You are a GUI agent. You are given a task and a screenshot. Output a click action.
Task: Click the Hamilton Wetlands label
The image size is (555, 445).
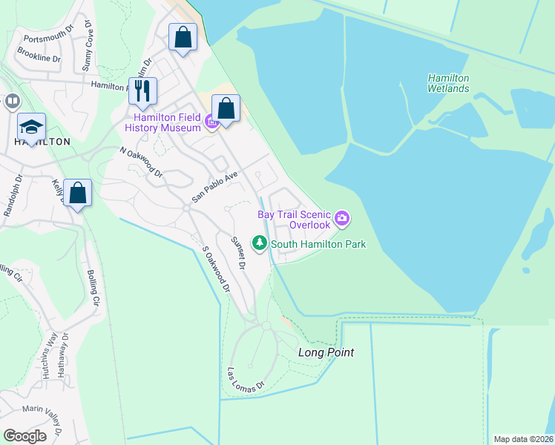449,83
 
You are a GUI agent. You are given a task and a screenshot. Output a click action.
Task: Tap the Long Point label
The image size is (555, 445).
326,352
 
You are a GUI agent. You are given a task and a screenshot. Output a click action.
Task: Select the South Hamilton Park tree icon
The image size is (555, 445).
260,243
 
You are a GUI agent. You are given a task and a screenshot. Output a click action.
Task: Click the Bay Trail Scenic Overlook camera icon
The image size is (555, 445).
342,218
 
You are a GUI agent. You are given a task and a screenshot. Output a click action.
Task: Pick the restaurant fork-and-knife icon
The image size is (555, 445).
142,91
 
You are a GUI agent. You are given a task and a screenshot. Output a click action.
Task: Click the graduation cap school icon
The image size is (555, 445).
32,126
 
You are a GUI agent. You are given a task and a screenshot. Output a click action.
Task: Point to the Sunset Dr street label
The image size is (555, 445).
237,251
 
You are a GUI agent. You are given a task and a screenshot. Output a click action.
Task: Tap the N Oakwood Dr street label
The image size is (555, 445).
141,162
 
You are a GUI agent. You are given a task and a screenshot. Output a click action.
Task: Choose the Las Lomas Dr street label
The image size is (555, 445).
246,380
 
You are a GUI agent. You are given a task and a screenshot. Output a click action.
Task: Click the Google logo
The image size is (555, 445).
24,436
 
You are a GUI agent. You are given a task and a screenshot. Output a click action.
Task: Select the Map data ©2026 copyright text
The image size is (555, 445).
524,439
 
